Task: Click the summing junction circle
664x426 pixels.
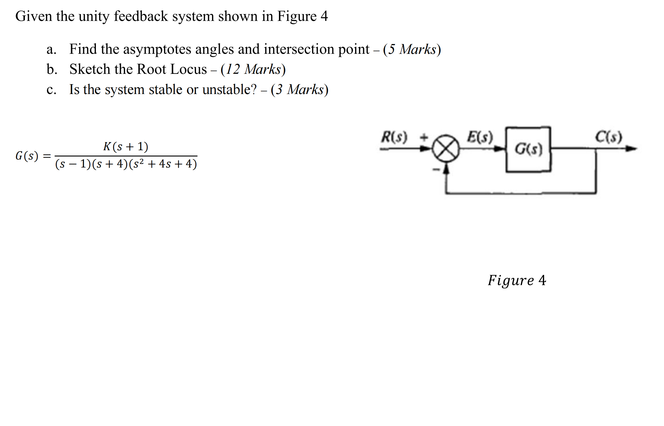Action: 445,148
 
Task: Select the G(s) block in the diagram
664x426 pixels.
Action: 528,149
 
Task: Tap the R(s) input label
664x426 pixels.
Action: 394,137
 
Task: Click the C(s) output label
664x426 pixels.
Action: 608,137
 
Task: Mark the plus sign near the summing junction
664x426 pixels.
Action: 424,137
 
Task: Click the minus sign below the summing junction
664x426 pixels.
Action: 436,170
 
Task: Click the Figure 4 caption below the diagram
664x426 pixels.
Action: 517,280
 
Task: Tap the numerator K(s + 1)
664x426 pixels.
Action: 126,147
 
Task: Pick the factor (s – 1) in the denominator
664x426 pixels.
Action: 73,164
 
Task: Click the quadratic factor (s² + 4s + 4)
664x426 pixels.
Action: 163,164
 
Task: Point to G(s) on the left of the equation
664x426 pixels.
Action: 27,156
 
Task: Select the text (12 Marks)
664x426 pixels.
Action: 253,70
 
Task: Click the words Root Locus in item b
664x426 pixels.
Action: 172,70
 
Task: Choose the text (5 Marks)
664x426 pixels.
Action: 412,49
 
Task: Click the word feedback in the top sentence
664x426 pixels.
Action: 141,16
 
